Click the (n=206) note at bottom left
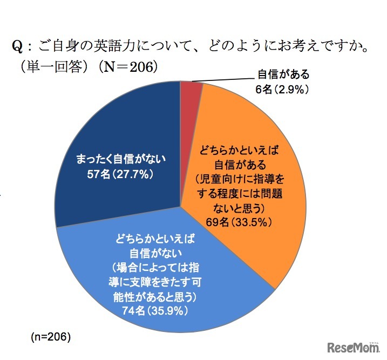[51, 337]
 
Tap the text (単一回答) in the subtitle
[45, 66]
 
